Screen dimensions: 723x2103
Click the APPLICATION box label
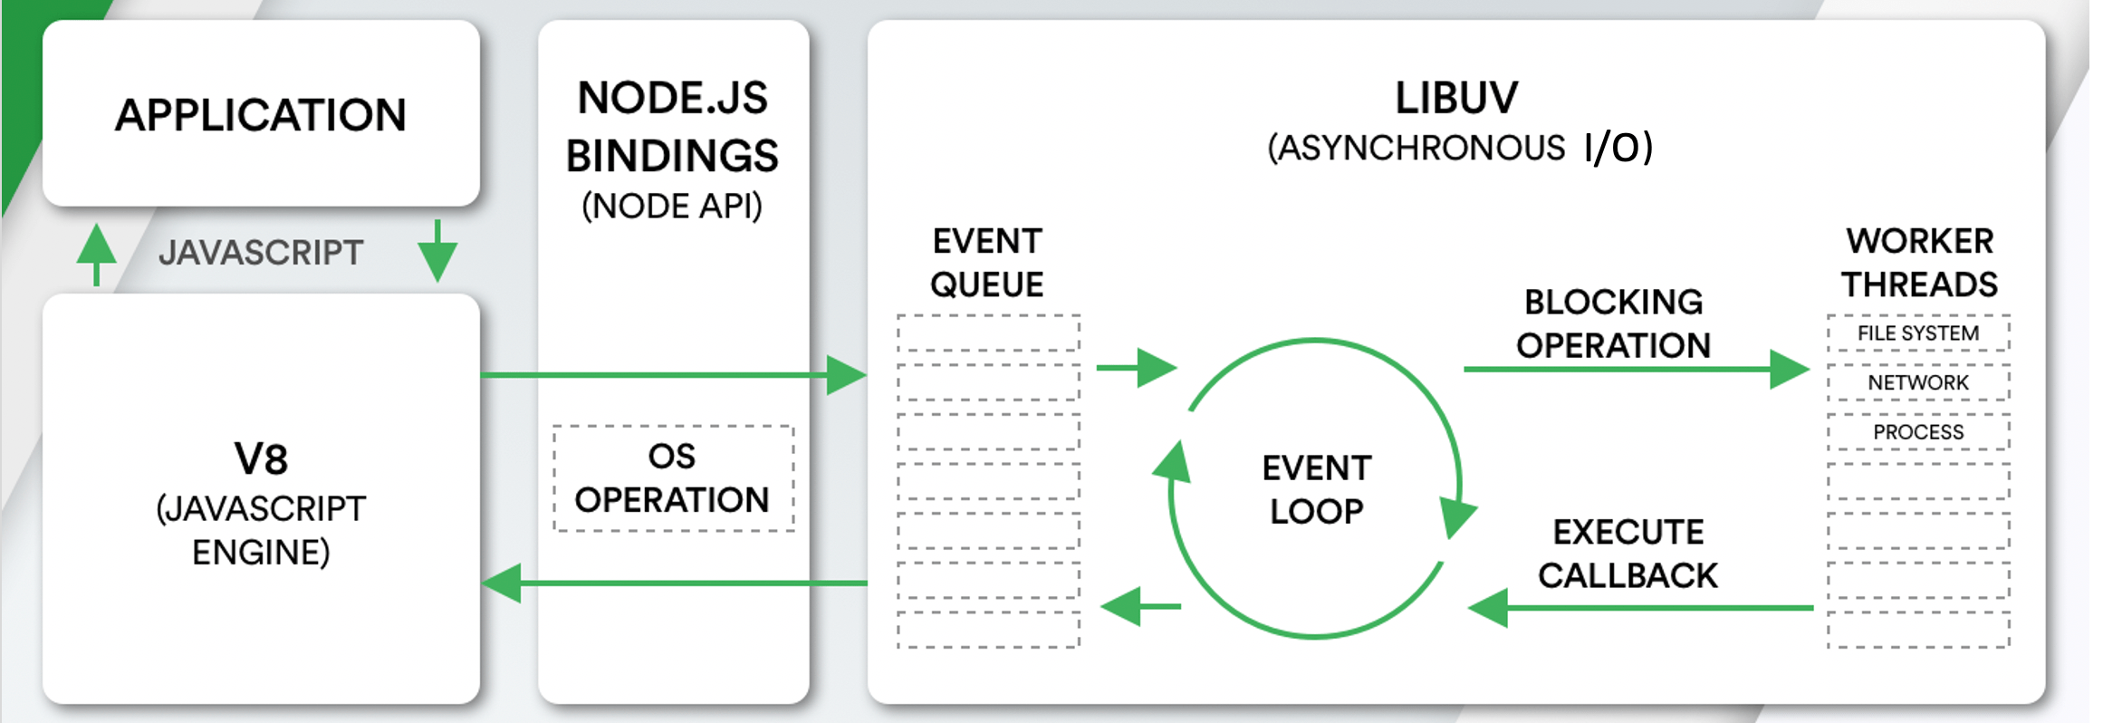(261, 115)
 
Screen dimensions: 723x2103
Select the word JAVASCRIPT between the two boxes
(261, 253)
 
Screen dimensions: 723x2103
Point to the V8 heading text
(261, 459)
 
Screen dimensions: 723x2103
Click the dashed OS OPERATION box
(673, 478)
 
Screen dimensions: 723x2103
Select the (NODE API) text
(672, 207)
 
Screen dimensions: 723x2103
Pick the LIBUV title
(1456, 98)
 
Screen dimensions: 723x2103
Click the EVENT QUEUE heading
(987, 263)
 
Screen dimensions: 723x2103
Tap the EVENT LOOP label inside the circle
(1316, 489)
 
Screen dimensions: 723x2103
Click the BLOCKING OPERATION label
(1613, 323)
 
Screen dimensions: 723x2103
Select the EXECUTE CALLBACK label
(1628, 554)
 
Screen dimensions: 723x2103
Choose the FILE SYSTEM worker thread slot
(1918, 333)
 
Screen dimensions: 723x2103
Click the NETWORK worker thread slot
(1918, 382)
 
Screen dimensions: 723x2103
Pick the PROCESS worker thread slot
(1918, 432)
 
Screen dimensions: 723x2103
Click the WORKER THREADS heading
(1919, 263)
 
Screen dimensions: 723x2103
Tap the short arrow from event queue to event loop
(1136, 368)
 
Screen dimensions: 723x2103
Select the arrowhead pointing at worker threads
(1789, 369)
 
